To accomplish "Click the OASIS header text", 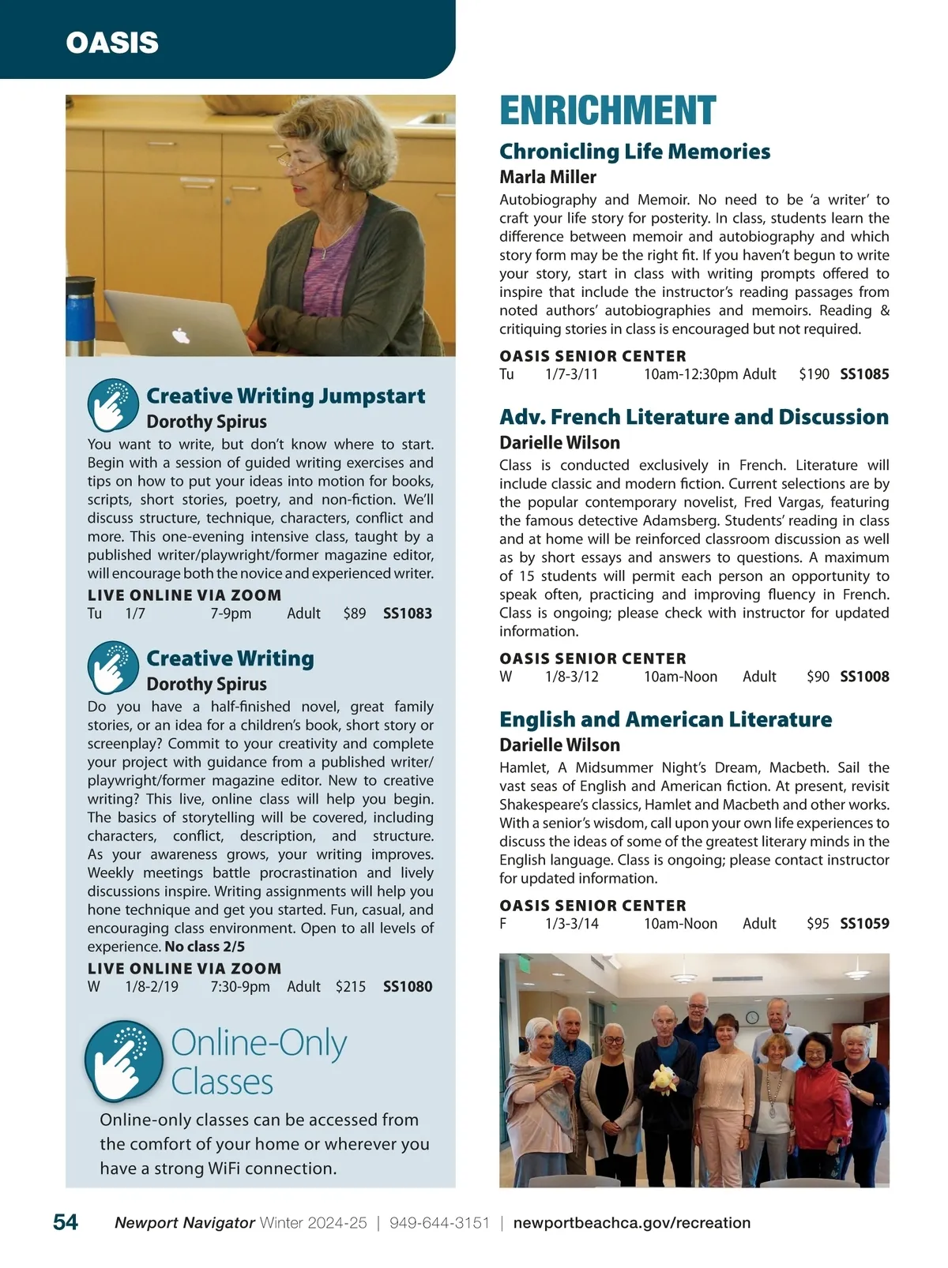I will pos(112,43).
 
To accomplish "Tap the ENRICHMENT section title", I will pos(608,111).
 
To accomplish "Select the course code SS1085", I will pos(864,374).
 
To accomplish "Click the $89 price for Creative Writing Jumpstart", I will pos(355,613).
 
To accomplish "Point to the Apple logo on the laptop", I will pos(181,336).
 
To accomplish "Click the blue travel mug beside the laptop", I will pos(80,315).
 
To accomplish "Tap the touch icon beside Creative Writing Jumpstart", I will pos(113,405).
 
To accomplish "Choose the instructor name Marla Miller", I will pos(547,177).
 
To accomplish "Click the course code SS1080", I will pos(408,987).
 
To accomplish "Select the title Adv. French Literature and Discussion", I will pos(694,417).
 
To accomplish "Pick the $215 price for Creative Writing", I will pos(351,987).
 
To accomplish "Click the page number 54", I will pos(66,1222).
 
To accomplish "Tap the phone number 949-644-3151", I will pos(439,1223).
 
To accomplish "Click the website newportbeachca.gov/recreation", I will pos(632,1223).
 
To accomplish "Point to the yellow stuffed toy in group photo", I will pos(662,1079).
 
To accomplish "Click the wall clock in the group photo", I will pos(752,1017).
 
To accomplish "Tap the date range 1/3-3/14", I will pos(572,924).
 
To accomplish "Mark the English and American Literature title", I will pos(665,719).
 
